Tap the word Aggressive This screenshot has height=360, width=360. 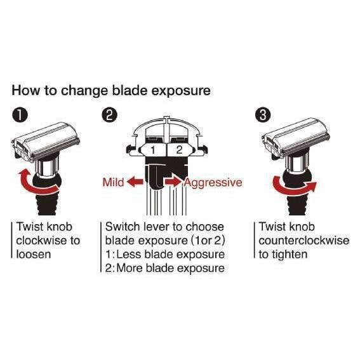(213, 183)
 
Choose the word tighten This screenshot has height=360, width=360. (290, 255)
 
